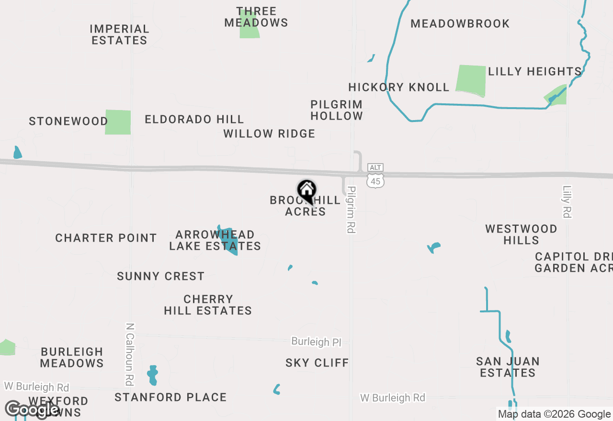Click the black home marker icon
[306, 191]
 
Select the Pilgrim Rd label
[352, 210]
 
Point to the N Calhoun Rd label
[129, 354]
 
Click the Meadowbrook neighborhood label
[460, 23]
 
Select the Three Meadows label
[256, 17]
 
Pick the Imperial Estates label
[119, 34]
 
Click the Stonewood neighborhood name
[68, 121]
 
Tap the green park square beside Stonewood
[118, 122]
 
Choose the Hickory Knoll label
[399, 87]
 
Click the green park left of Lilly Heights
[471, 79]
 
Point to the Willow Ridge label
[269, 133]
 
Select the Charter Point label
[106, 238]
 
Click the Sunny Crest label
[160, 276]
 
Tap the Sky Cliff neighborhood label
[317, 363]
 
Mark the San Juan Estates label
[508, 367]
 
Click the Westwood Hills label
[521, 234]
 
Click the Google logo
[32, 410]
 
